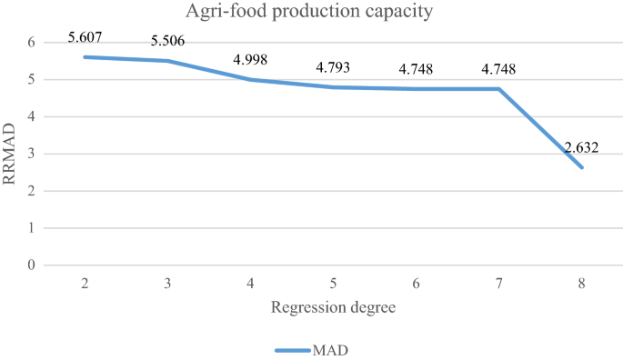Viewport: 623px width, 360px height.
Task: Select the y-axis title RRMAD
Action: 10,155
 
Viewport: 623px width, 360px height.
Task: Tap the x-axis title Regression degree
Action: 333,307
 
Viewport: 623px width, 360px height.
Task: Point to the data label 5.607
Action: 85,38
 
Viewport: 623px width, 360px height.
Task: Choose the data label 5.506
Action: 167,42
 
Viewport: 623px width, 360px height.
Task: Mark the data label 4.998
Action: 250,61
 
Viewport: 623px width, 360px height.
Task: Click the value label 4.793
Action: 333,68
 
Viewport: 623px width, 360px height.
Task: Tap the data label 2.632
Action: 581,148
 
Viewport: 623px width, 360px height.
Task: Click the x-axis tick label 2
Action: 85,284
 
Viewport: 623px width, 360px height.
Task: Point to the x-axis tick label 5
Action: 333,284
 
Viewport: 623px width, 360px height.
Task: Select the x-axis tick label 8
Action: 581,284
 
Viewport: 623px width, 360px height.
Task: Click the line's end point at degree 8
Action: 581,167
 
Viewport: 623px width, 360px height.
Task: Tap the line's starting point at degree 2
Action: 85,57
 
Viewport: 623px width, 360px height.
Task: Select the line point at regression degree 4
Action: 250,80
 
